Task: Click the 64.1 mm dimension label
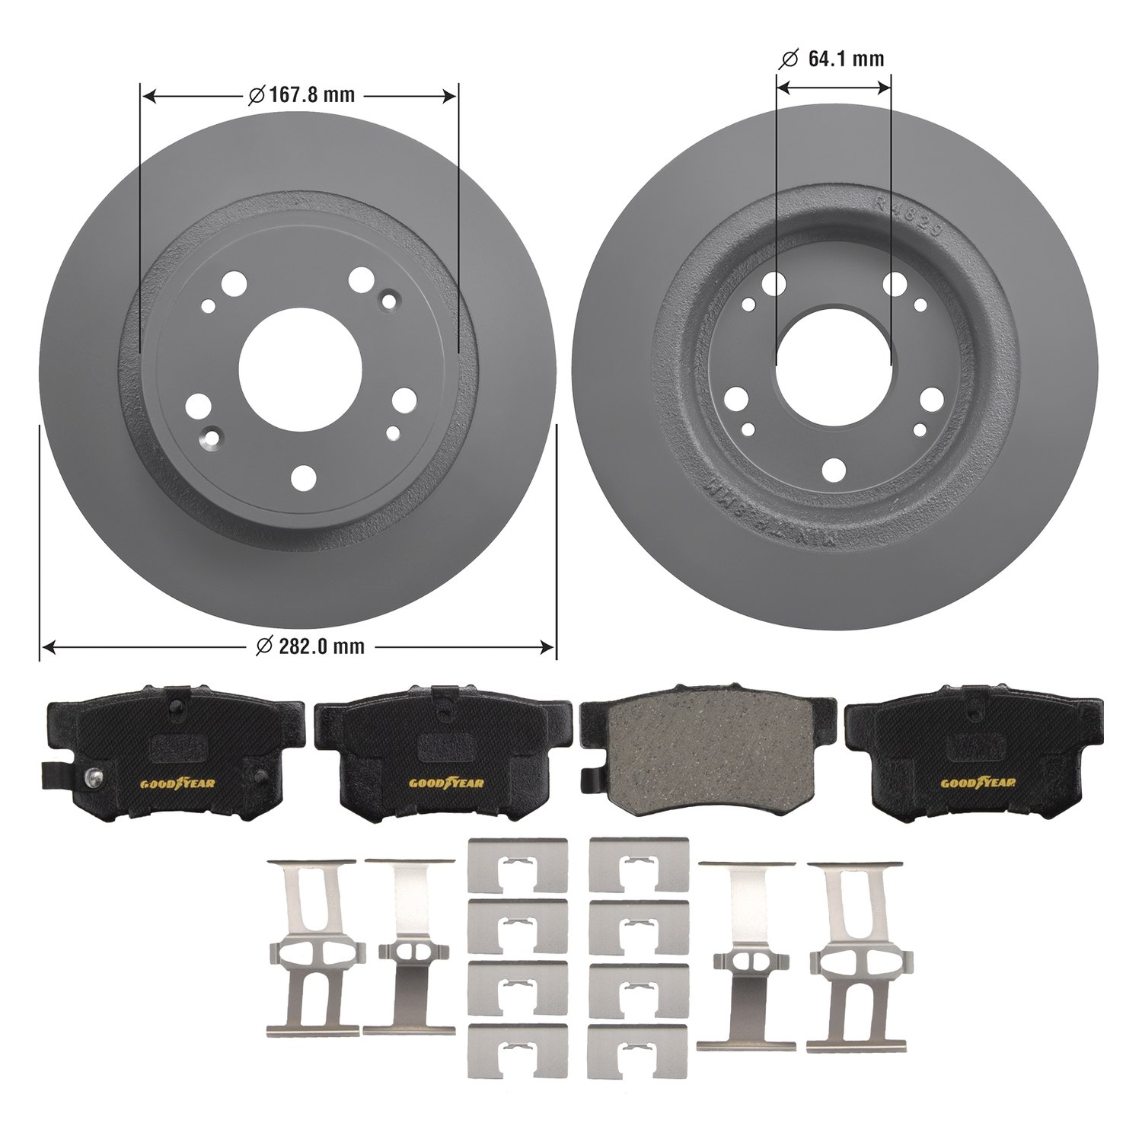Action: [x=846, y=59]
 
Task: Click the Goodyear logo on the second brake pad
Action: [x=445, y=783]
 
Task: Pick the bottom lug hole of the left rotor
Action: [x=304, y=478]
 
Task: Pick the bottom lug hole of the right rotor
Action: [x=834, y=470]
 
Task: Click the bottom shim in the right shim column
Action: [x=638, y=1051]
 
